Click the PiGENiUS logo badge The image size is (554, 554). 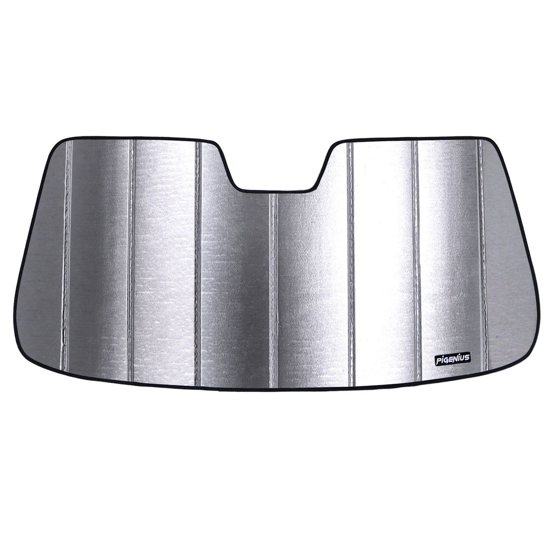452,359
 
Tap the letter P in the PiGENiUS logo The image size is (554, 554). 438,359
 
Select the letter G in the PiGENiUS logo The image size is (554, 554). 446,359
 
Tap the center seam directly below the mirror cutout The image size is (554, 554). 274,291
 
